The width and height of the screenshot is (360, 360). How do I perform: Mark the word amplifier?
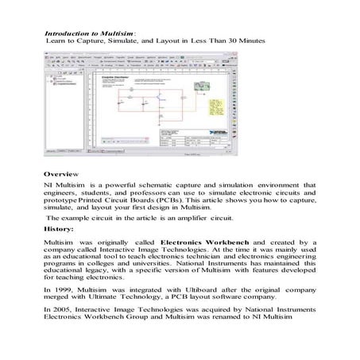pos(203,216)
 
